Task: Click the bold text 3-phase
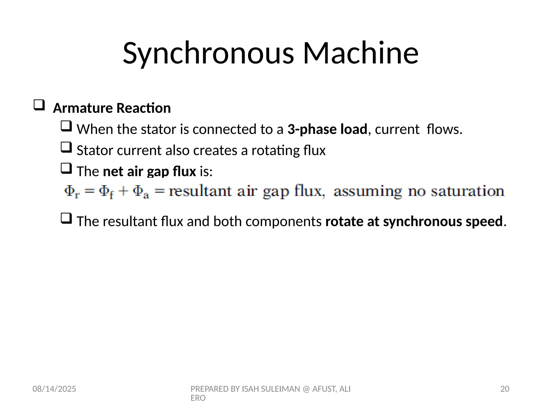312,129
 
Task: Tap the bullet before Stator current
66,147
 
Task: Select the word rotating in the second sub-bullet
275,151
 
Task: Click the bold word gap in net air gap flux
158,172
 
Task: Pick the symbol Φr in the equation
72,192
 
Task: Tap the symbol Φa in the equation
141,192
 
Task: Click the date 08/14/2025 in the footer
54,389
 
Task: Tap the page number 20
505,389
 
